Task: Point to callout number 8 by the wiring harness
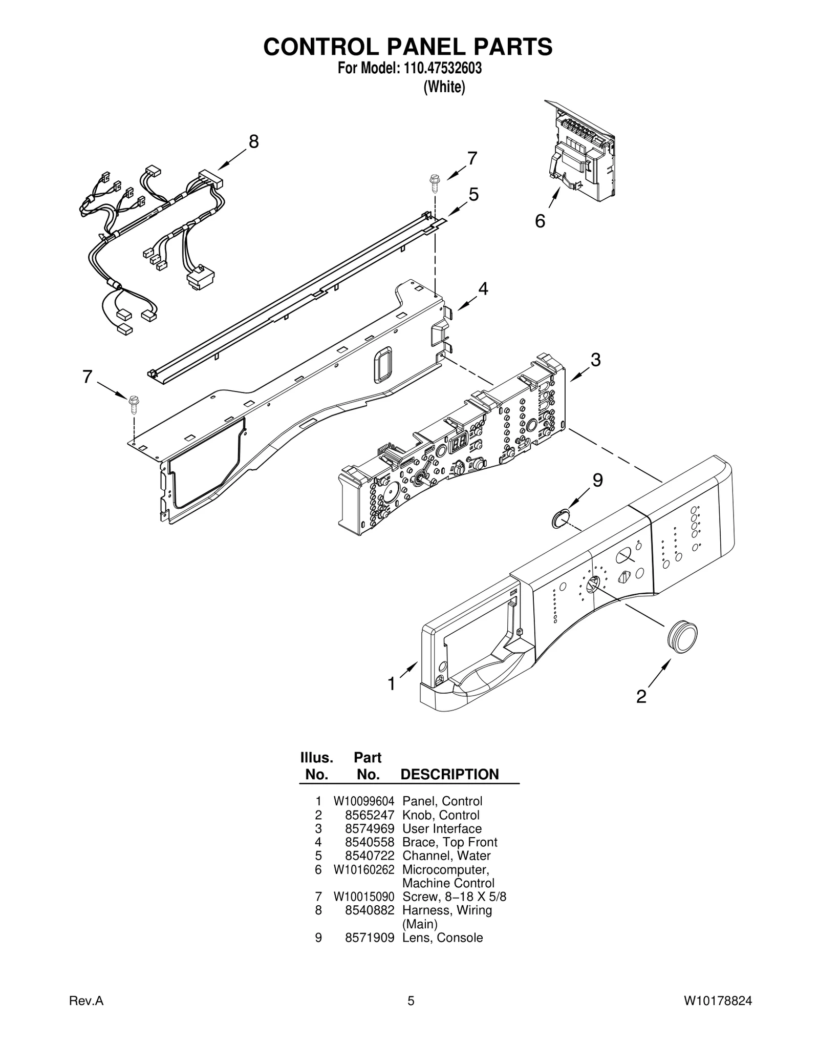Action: click(x=253, y=141)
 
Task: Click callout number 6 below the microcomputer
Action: click(x=540, y=221)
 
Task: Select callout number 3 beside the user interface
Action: click(x=595, y=360)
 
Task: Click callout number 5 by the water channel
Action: click(x=473, y=195)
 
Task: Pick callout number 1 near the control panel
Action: click(x=392, y=683)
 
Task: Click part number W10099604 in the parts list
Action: click(x=364, y=801)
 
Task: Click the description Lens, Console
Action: click(x=442, y=938)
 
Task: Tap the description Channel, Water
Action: click(x=446, y=856)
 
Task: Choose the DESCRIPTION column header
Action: click(x=449, y=774)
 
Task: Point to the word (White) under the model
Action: click(x=444, y=87)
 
